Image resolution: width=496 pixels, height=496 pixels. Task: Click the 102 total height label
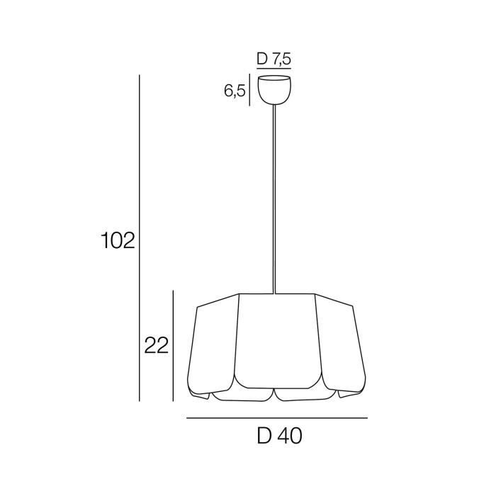point(118,240)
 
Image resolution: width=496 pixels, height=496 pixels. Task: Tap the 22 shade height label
point(157,346)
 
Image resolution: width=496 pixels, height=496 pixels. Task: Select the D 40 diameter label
point(280,436)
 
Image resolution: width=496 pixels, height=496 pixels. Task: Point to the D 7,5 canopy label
point(274,59)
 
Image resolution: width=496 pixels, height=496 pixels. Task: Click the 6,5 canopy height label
point(235,91)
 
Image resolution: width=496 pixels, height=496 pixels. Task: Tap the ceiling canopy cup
point(274,90)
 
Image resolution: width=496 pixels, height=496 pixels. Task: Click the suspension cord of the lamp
point(274,199)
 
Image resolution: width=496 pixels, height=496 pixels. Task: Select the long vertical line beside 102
point(140,238)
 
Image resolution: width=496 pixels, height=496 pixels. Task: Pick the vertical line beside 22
point(173,346)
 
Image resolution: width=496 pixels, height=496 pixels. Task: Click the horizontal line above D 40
point(277,418)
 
